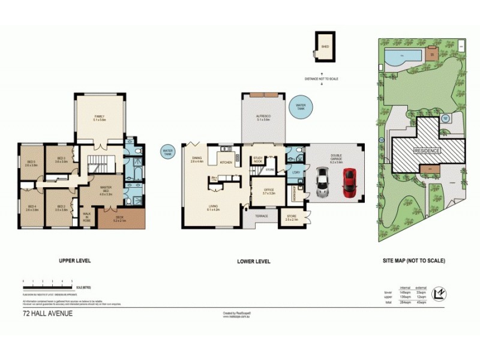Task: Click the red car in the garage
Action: pos(349,183)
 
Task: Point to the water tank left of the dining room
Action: pos(168,152)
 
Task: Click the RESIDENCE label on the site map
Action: pos(426,151)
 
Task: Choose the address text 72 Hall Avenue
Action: pos(47,313)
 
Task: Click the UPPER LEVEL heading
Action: pos(74,261)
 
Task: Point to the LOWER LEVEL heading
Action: pos(254,261)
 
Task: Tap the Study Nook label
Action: pos(258,160)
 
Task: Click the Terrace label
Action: pos(262,215)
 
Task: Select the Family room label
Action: pos(100,118)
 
